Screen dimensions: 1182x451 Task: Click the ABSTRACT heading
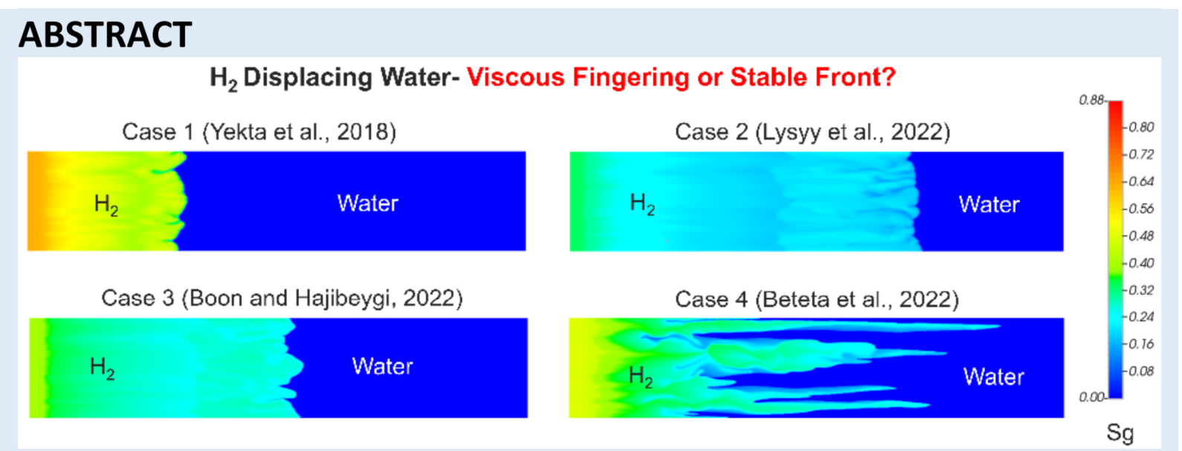click(105, 35)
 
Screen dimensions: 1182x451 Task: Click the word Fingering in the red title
click(630, 77)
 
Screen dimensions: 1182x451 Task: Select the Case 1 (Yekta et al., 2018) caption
click(259, 132)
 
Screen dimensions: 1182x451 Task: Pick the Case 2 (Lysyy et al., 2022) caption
click(812, 132)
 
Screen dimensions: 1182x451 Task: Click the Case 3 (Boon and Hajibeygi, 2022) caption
click(282, 299)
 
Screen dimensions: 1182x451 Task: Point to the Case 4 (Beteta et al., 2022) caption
click(817, 299)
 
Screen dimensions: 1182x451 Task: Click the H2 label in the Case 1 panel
click(106, 205)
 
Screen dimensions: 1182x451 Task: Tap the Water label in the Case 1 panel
click(368, 204)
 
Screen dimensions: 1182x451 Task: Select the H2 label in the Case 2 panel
click(642, 204)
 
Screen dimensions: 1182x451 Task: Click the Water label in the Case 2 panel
click(989, 204)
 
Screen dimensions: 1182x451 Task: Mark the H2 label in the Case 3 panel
click(102, 368)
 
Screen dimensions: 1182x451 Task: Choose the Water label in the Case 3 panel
click(382, 366)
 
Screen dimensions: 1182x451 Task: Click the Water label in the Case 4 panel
click(993, 377)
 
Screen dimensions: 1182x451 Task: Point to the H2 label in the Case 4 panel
click(641, 377)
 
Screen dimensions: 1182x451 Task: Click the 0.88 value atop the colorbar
click(1091, 100)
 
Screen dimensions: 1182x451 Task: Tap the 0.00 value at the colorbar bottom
click(1091, 397)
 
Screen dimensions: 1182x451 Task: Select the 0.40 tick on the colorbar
click(1141, 263)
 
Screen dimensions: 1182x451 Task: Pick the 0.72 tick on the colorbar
click(1141, 155)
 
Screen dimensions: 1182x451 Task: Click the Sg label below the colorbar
click(1120, 433)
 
